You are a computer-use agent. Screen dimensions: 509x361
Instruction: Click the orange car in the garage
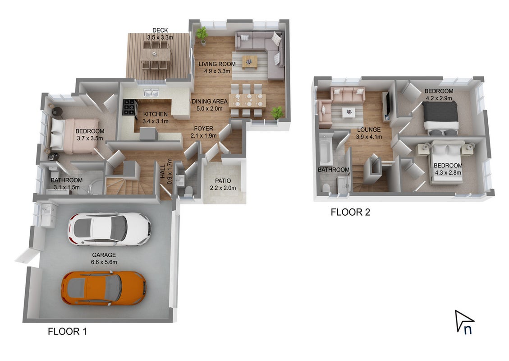point(103,288)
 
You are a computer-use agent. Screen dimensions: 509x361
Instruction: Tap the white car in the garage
point(109,229)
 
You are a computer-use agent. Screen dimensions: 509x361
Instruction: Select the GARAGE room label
point(104,255)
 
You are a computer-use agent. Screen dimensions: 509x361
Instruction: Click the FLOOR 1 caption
point(67,331)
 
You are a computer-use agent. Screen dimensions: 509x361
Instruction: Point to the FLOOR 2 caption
point(350,212)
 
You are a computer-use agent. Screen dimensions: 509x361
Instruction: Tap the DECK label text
point(160,30)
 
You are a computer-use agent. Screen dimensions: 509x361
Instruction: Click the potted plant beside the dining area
point(277,113)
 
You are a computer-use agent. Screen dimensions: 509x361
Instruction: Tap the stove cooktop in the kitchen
point(129,107)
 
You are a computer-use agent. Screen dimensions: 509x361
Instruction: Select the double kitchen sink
point(151,93)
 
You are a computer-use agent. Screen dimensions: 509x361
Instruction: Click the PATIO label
point(223,181)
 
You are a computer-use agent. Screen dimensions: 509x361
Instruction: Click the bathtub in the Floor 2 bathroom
point(325,151)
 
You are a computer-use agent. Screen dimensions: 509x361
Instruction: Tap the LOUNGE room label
point(369,130)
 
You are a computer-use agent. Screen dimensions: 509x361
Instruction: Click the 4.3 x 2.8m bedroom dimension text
point(448,173)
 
